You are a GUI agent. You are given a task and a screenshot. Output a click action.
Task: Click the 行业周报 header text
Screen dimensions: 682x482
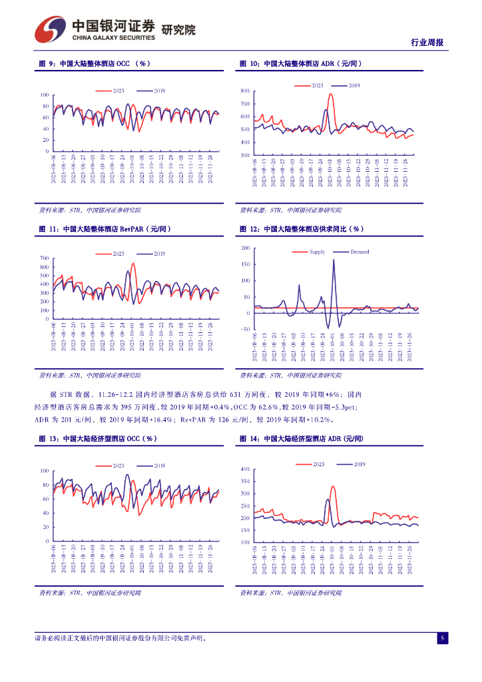click(426, 43)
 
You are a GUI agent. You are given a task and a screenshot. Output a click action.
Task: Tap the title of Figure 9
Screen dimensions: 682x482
click(93, 64)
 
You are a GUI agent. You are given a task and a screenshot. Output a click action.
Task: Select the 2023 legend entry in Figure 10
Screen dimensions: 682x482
click(311, 86)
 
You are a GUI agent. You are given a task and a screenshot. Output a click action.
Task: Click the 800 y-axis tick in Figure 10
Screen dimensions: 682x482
click(244, 91)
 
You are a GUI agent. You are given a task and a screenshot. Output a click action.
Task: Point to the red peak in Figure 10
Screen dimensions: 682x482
click(330, 95)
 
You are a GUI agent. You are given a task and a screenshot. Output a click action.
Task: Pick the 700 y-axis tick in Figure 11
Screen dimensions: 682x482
click(45, 258)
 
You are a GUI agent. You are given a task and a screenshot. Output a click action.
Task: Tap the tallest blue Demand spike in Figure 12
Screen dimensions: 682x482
click(334, 260)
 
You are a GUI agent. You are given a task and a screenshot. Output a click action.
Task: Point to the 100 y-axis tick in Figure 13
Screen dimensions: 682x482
click(45, 471)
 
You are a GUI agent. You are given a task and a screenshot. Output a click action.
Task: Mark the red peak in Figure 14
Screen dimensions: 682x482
click(332, 487)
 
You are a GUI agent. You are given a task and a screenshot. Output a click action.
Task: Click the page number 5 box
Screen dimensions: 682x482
click(441, 638)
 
